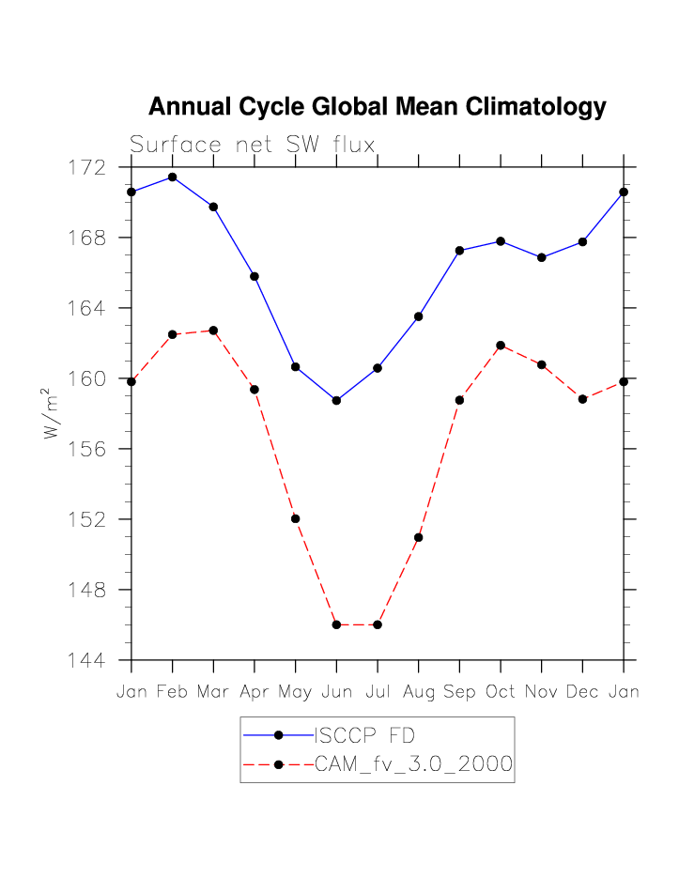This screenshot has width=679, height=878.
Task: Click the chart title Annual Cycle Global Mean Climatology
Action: coord(377,107)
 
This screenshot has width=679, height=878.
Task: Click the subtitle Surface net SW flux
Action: coord(252,145)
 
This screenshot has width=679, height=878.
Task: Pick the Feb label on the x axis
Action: coord(173,692)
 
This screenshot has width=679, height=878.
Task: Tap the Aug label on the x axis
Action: coord(419,692)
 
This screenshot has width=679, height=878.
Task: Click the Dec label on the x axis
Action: coord(582,692)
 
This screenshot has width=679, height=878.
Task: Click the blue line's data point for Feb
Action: coord(173,177)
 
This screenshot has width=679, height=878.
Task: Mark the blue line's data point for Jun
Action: coord(336,400)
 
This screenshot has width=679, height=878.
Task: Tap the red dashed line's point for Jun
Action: coord(336,624)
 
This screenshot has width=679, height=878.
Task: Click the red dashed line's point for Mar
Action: coord(214,331)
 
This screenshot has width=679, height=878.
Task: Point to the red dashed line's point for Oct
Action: coord(501,345)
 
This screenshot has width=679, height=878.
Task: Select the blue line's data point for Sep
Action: coord(459,251)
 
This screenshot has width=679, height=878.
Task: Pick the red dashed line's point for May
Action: coord(296,518)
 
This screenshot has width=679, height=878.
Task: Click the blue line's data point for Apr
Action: coord(255,276)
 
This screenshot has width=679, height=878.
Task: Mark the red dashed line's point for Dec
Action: coord(582,399)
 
